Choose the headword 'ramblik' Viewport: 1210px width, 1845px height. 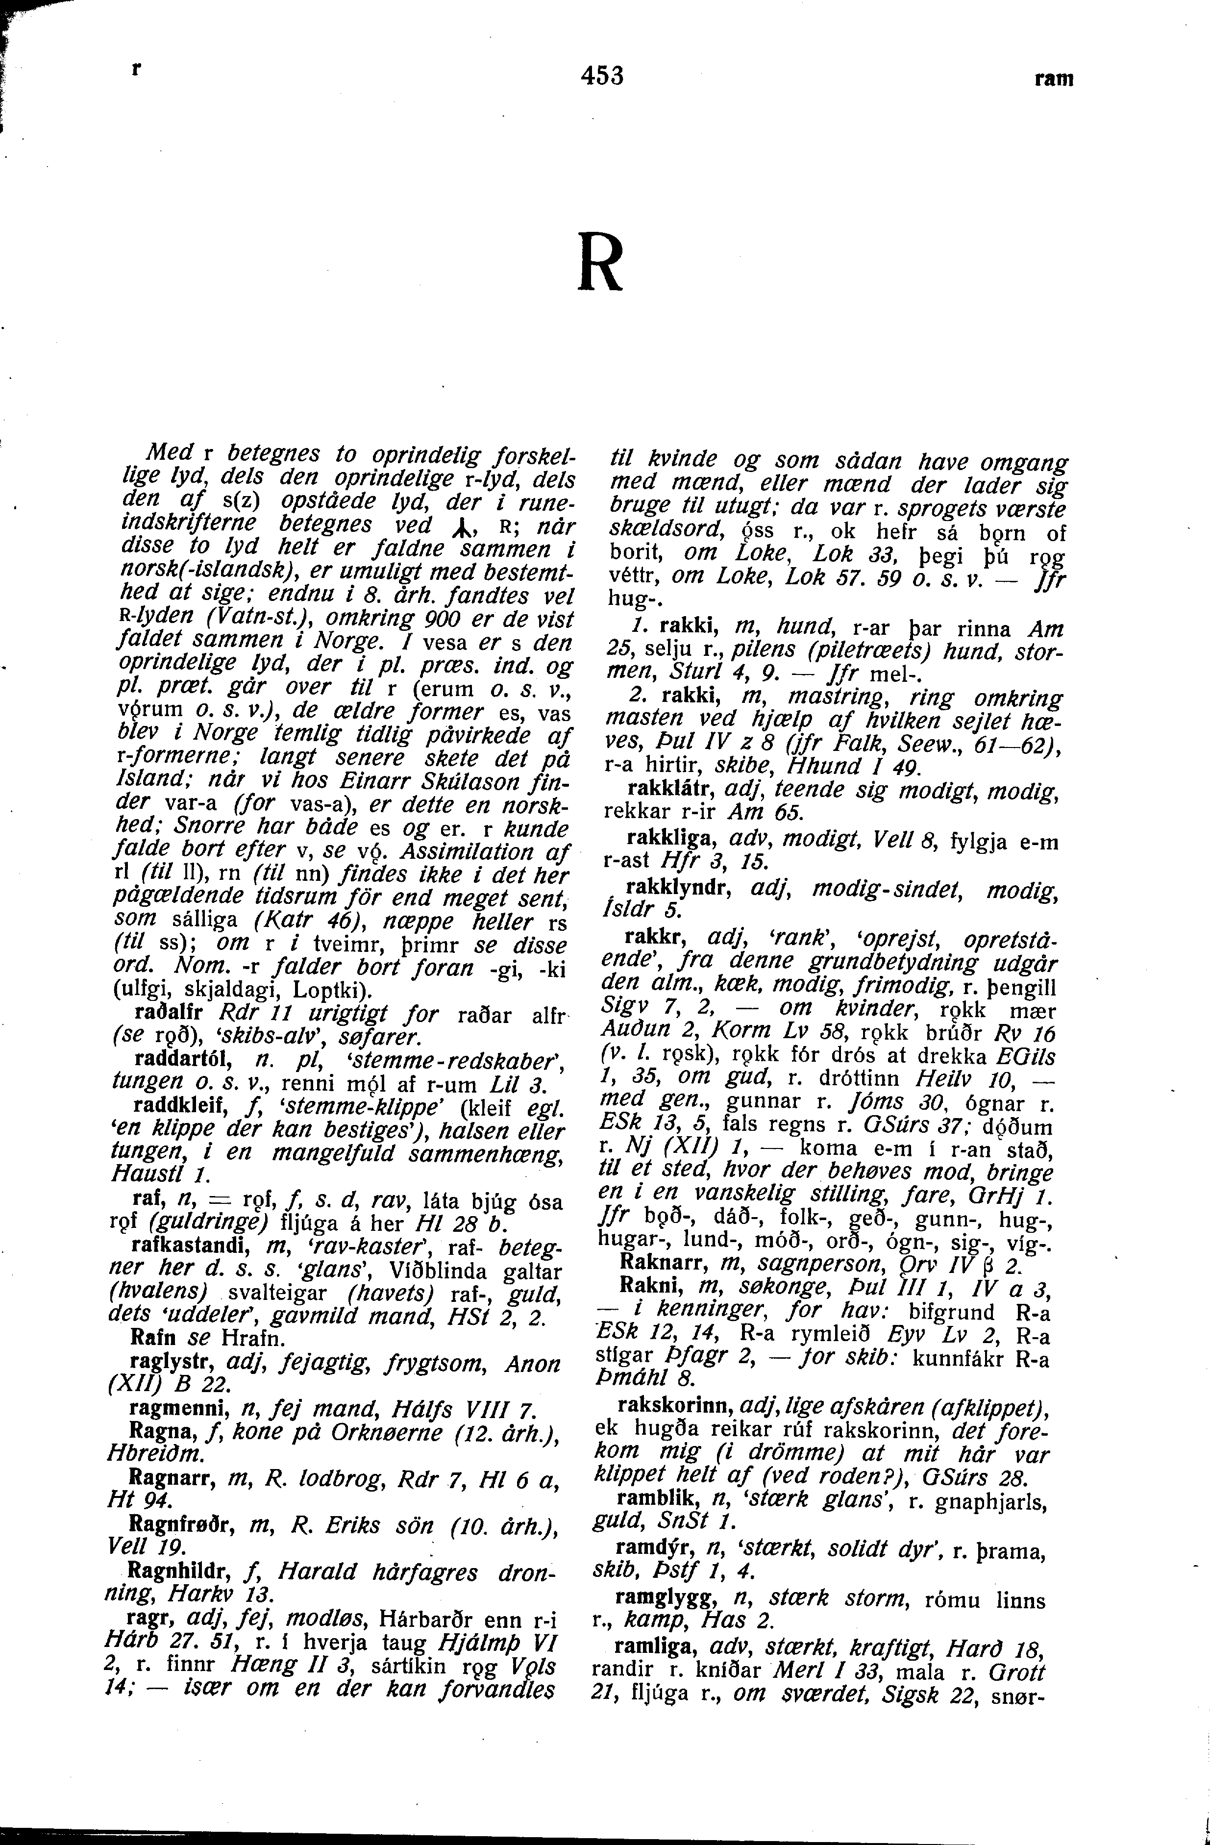tap(653, 1497)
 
